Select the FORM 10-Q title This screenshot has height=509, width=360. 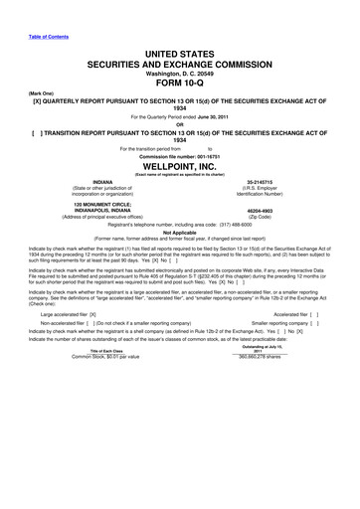point(179,83)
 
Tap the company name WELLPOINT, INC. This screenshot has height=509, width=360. point(179,168)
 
